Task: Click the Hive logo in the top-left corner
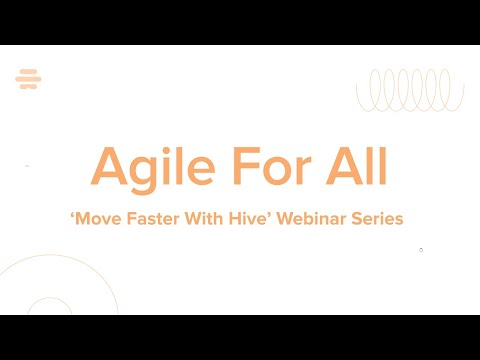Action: (28, 80)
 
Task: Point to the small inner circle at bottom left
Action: (50, 308)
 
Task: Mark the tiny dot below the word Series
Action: (420, 250)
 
